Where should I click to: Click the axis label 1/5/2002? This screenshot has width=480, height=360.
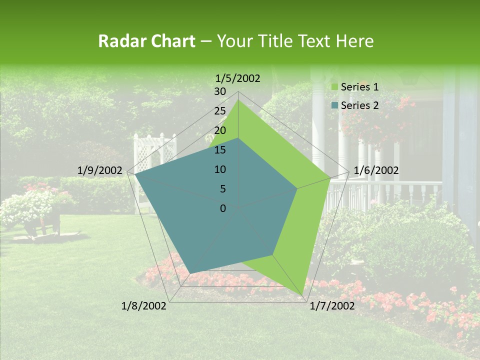237,78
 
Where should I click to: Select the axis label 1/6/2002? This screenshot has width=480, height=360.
376,170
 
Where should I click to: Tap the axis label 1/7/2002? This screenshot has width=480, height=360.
332,306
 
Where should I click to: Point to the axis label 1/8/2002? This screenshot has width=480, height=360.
144,306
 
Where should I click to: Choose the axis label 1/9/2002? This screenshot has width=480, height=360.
99,170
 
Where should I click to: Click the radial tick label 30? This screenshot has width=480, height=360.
220,91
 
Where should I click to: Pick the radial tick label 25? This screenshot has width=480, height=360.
220,111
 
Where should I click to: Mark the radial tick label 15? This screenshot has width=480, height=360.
220,150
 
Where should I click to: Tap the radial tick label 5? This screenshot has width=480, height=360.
222,189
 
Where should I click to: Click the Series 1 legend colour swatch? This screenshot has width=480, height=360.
334,87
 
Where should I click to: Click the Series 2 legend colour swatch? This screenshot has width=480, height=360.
334,105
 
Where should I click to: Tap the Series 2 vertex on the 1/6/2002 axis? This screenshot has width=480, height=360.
297,188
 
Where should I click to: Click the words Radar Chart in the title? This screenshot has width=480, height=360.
146,41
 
